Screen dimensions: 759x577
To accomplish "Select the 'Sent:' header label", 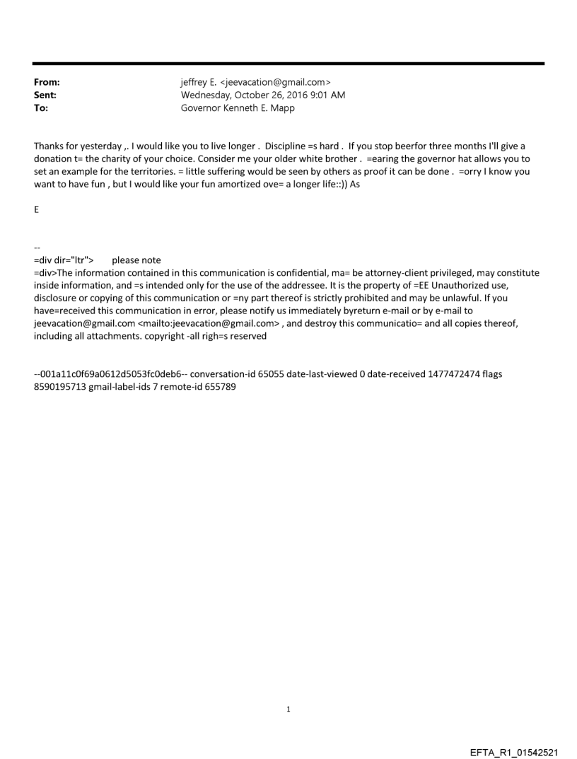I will (x=45, y=94).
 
